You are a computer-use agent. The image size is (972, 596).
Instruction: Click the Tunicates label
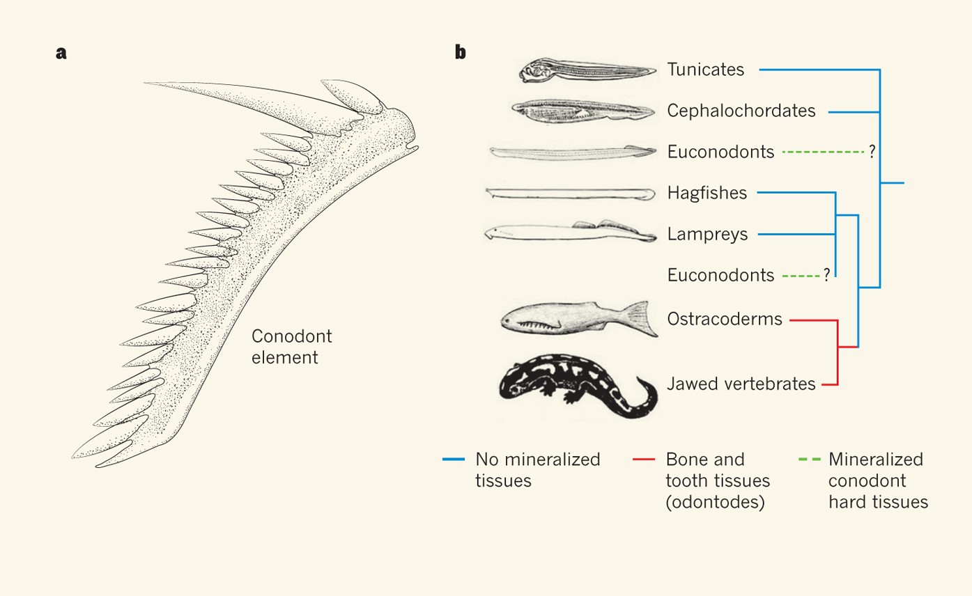click(705, 70)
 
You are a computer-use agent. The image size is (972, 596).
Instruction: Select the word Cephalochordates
click(741, 111)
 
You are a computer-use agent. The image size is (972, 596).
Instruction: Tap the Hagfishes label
click(707, 193)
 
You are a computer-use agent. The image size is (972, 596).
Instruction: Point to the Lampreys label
click(707, 235)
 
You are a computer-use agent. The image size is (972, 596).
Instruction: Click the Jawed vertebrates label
click(741, 383)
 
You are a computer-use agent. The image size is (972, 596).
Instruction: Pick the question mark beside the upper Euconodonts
click(872, 152)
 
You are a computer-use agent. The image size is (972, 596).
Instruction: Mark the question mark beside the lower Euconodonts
click(826, 276)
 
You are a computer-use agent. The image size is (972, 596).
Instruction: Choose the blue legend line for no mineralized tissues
click(454, 460)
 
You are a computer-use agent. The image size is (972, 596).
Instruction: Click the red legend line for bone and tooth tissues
click(644, 460)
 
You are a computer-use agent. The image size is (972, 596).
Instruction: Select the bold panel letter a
click(61, 52)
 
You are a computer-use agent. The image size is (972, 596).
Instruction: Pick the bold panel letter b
click(460, 52)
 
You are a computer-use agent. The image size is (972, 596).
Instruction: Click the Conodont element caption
click(291, 347)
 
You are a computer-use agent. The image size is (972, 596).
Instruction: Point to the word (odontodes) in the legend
click(715, 502)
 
